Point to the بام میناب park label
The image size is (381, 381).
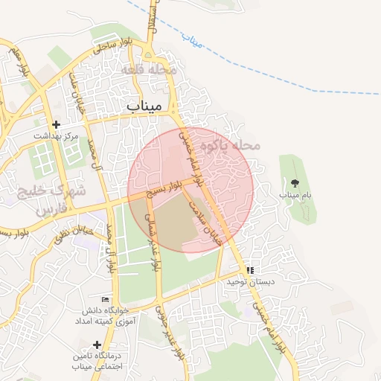(295, 194)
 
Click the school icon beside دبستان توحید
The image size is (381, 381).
(251, 270)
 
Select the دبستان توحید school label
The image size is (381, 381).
(252, 283)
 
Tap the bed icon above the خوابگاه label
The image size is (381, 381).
(106, 298)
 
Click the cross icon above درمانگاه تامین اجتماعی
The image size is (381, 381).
(97, 345)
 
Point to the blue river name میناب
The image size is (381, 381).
(192, 42)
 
